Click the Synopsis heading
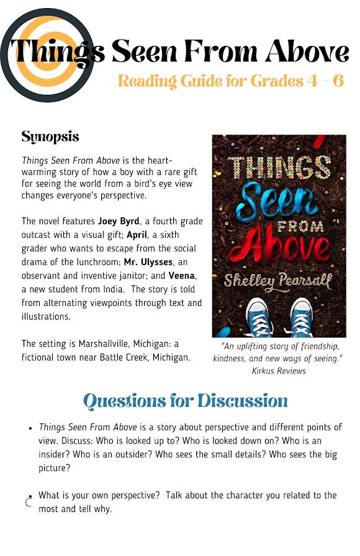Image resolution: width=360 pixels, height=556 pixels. click(x=50, y=136)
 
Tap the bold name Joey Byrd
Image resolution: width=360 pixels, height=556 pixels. click(x=119, y=220)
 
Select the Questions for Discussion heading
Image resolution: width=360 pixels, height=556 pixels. click(x=186, y=401)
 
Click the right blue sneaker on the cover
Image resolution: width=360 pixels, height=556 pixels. click(x=300, y=317)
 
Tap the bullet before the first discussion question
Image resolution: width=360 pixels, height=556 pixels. click(x=31, y=429)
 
